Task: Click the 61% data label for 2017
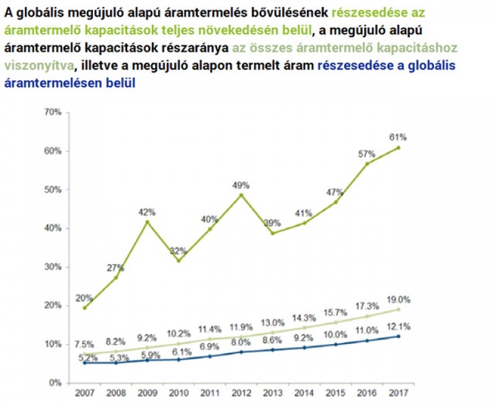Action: [x=398, y=136]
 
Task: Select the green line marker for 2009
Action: [x=148, y=222]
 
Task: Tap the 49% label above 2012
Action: [x=241, y=185]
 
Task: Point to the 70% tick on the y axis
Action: [x=53, y=112]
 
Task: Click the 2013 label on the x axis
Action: [x=272, y=394]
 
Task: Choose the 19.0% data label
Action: [x=397, y=299]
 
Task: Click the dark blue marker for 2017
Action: [x=398, y=337]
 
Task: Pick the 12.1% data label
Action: [x=397, y=326]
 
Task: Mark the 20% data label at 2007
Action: [x=84, y=298]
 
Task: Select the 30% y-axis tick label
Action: [x=53, y=267]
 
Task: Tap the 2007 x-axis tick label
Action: [x=84, y=394]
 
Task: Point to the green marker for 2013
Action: [x=273, y=233]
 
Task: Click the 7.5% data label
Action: [x=84, y=345]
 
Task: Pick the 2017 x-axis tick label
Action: [x=397, y=394]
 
